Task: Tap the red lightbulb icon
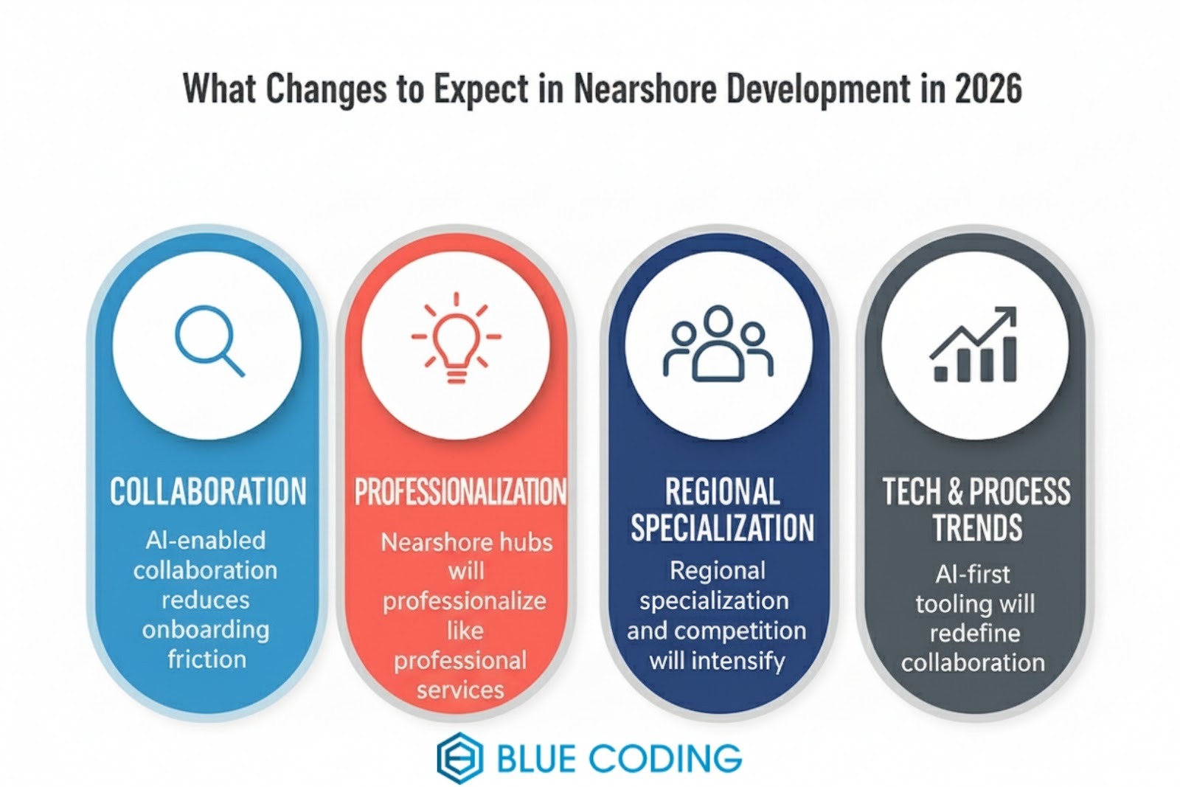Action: pos(457,338)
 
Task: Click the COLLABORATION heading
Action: pos(208,492)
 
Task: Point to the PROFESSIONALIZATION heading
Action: pos(460,493)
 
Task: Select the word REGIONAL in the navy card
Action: pos(722,492)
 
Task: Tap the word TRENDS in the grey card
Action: pos(977,528)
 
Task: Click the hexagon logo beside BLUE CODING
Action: pos(459,757)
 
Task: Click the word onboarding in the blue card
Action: pos(206,630)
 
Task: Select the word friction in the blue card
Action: pos(206,659)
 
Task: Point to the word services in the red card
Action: pos(460,690)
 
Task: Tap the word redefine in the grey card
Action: pos(974,633)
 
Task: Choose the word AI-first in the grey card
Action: pos(973,574)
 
